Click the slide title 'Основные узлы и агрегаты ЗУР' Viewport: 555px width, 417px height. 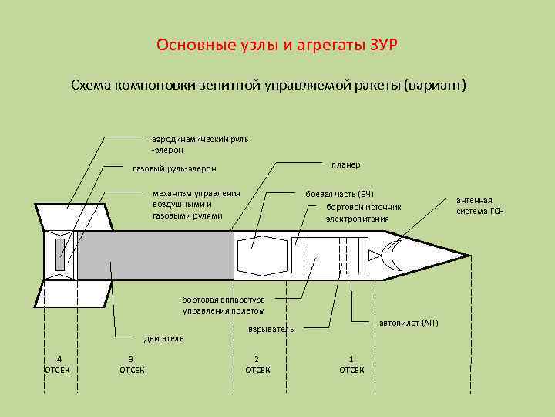coord(277,44)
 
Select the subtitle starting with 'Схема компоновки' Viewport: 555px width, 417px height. coord(269,83)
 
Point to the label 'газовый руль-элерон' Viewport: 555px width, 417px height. coord(175,168)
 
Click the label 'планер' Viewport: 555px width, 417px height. coord(345,165)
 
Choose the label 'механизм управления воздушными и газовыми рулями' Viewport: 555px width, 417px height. coord(197,204)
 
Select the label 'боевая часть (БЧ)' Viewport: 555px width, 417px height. coord(340,193)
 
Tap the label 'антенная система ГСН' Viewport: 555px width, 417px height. coord(479,205)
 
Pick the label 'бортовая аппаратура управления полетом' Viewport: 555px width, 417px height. coord(224,305)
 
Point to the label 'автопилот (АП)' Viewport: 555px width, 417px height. coord(409,323)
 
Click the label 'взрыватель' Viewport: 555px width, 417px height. coord(271,329)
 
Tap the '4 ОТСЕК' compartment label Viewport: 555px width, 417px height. coord(59,364)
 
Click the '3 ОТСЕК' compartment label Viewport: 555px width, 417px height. coord(131,364)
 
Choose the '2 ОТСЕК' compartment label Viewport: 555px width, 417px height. coord(257,364)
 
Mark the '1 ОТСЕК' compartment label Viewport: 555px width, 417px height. coord(351,364)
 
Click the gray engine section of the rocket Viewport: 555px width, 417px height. coord(154,255)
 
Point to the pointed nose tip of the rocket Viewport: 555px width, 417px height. coord(468,255)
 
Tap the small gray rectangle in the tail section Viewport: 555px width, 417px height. coord(60,255)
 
